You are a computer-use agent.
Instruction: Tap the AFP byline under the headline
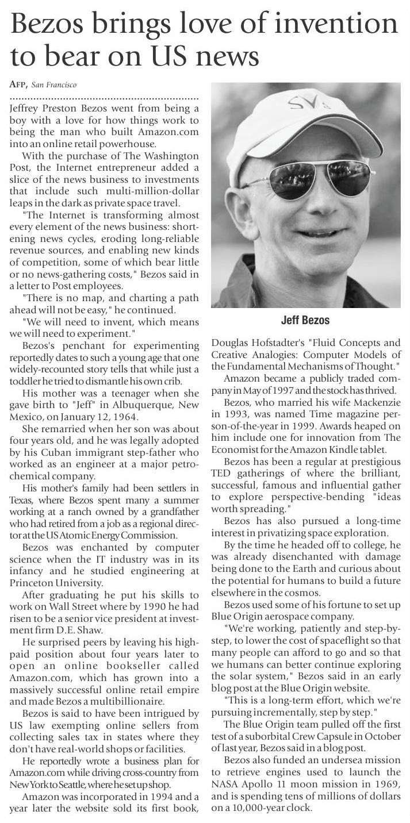point(18,85)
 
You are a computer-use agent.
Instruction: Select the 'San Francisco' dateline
point(53,85)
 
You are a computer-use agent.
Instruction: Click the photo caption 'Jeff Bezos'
point(305,320)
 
